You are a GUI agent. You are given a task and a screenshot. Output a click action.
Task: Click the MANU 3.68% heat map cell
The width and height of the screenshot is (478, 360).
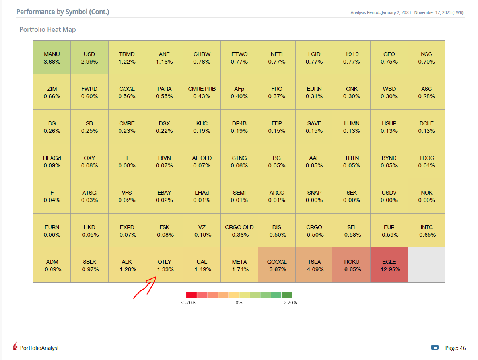click(x=52, y=58)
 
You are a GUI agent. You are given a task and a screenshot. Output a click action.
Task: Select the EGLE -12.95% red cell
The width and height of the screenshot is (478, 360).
click(x=389, y=265)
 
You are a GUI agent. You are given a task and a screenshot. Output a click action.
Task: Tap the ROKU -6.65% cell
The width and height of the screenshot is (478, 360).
click(x=352, y=265)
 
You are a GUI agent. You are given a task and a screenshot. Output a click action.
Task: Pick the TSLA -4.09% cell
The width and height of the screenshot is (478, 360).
click(x=314, y=265)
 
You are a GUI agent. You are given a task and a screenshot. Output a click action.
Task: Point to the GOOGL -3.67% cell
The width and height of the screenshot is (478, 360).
click(x=276, y=265)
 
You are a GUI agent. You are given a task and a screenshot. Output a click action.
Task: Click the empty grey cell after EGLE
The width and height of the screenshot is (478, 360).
click(x=426, y=265)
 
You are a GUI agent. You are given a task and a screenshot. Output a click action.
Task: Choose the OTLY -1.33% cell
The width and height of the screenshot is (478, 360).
click(x=164, y=265)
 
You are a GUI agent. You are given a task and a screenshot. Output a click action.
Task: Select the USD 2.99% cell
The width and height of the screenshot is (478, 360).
click(x=89, y=58)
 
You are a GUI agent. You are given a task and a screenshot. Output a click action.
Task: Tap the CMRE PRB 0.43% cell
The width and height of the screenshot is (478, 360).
click(x=202, y=92)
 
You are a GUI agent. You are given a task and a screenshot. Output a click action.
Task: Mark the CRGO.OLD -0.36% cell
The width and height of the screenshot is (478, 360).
click(x=239, y=231)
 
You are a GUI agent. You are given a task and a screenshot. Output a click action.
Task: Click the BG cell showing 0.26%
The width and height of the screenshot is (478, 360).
click(x=52, y=127)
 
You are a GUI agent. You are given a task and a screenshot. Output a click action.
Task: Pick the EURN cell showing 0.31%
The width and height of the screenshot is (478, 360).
click(x=314, y=92)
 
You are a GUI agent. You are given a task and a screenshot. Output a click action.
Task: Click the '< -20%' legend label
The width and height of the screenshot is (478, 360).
click(x=188, y=302)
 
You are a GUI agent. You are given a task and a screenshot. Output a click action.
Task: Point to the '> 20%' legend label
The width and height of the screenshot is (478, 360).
click(x=290, y=302)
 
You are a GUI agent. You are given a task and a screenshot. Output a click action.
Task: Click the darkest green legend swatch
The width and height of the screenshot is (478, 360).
click(x=287, y=295)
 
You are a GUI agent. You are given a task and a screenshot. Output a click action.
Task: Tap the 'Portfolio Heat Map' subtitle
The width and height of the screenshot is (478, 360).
click(x=48, y=29)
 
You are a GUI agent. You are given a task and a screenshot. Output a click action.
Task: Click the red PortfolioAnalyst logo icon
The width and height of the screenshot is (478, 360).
click(x=15, y=346)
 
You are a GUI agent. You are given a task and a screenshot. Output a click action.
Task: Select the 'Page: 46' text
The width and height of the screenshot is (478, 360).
click(x=455, y=348)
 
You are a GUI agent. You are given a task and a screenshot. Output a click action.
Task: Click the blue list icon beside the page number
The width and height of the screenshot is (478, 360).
click(x=435, y=348)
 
